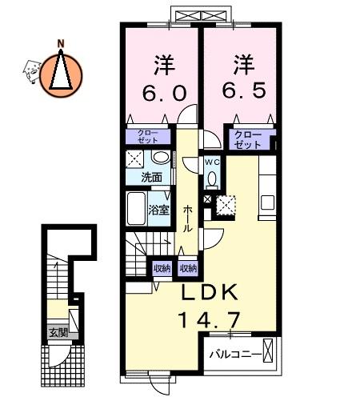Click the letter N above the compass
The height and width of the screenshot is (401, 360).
pos(61,43)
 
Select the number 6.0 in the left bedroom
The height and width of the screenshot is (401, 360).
pos(164,93)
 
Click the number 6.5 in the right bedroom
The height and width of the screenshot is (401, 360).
pos(244,90)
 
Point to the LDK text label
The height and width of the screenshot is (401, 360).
pos(210,292)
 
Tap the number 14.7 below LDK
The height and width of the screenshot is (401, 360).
pos(210,320)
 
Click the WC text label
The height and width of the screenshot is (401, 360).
pos(213,162)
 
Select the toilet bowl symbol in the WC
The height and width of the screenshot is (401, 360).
pos(212,179)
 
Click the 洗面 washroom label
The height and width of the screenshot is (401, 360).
pos(152,178)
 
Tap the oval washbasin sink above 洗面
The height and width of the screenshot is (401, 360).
pos(161,157)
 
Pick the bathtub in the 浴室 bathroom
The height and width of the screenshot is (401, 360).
pos(136,208)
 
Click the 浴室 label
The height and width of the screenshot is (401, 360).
pos(159,211)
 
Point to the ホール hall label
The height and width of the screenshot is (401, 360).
pos(188,219)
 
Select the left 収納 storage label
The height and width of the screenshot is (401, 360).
pos(162,268)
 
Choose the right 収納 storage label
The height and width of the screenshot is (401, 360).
pos(188,268)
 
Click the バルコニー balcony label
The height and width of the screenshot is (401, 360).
pos(235,355)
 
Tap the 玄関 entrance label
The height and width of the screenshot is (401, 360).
pos(58,333)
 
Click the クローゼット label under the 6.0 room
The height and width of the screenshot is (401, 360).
pos(148,137)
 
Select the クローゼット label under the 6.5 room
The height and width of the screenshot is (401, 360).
pos(248,139)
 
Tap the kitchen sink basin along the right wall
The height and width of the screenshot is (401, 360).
pos(267,203)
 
